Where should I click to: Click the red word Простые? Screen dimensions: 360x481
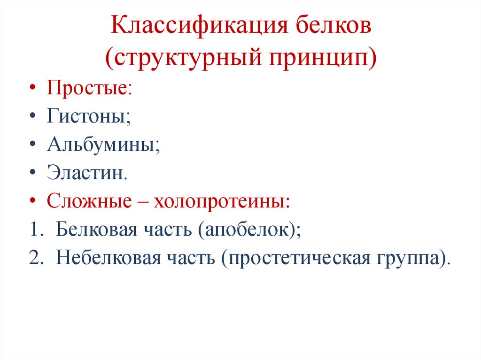pos(89,88)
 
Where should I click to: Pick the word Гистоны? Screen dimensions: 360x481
pos(88,116)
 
